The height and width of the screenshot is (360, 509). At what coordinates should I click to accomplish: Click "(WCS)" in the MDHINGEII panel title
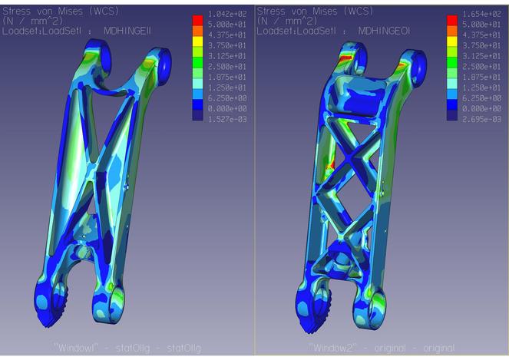coord(98,11)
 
